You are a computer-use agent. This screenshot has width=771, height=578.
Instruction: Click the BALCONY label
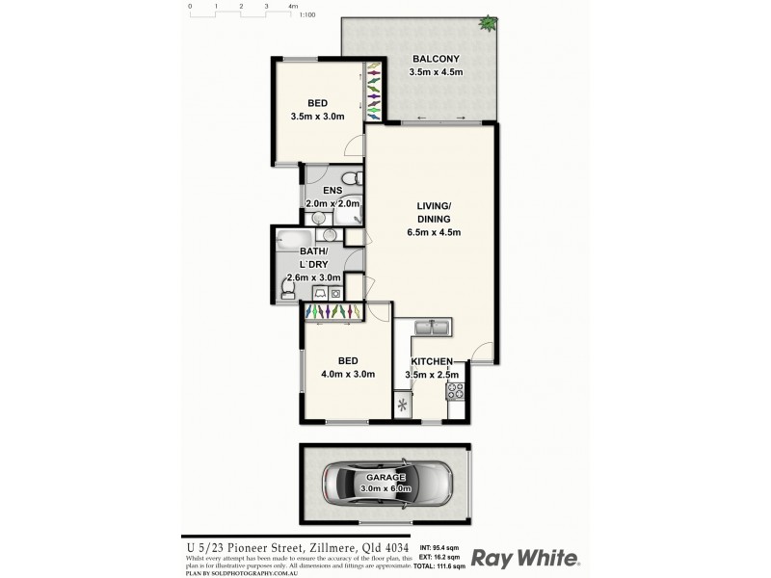(x=436, y=59)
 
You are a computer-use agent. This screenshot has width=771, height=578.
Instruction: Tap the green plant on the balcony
(x=490, y=21)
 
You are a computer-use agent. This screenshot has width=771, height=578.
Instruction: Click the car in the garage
(x=385, y=484)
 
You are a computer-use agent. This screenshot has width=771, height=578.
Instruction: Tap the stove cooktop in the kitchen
(x=456, y=392)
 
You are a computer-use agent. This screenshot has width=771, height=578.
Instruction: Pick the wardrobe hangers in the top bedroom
(x=372, y=92)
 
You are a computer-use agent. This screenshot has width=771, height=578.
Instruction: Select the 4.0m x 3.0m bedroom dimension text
(x=348, y=375)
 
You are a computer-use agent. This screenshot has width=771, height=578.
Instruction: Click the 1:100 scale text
(x=308, y=15)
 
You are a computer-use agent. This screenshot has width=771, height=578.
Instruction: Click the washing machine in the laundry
(x=334, y=292)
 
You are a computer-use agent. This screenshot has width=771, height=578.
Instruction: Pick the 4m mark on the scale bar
(x=293, y=6)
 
